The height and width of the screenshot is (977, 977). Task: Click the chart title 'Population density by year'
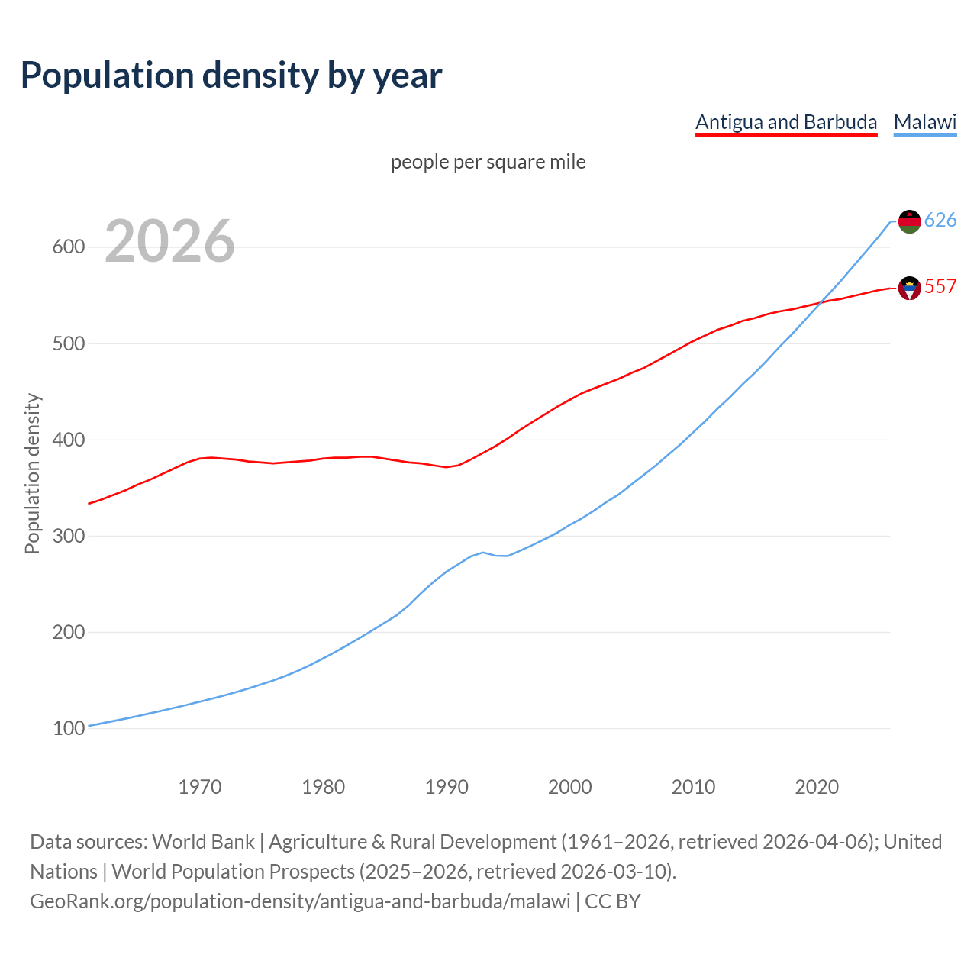pyautogui.click(x=231, y=75)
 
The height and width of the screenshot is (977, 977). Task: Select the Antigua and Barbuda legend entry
pyautogui.click(x=786, y=122)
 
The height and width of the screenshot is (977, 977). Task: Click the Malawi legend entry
pyautogui.click(x=925, y=122)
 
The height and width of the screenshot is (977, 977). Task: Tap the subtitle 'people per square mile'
pyautogui.click(x=488, y=162)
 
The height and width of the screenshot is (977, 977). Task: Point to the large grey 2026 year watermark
pyautogui.click(x=169, y=241)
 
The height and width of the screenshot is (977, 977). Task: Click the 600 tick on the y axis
pyautogui.click(x=68, y=247)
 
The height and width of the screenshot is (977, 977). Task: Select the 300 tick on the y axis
pyautogui.click(x=68, y=536)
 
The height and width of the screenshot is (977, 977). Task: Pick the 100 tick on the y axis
pyautogui.click(x=68, y=728)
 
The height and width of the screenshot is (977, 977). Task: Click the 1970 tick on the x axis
pyautogui.click(x=200, y=787)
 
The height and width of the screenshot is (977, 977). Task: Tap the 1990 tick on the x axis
pyautogui.click(x=447, y=787)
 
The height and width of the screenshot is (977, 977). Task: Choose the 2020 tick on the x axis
pyautogui.click(x=817, y=787)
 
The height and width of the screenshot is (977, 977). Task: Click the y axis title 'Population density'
pyautogui.click(x=32, y=473)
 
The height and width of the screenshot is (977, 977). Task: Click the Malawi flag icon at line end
pyautogui.click(x=909, y=221)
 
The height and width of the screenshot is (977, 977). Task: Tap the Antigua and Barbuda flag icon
pyautogui.click(x=909, y=288)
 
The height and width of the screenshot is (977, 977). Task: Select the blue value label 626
pyautogui.click(x=940, y=221)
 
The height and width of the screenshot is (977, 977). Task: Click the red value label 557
pyautogui.click(x=940, y=286)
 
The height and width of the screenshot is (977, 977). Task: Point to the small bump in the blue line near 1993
pyautogui.click(x=483, y=552)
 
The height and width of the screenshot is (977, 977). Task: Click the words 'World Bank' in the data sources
pyautogui.click(x=203, y=842)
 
